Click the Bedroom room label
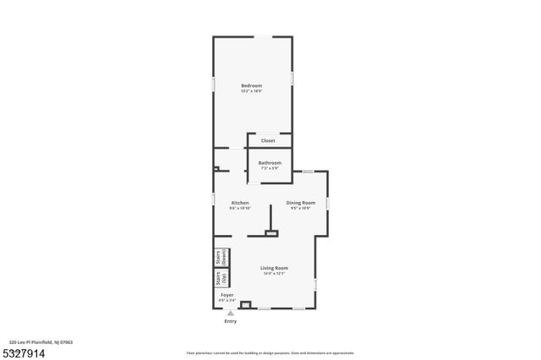point(251,85)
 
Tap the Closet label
point(268,140)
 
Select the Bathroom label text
point(270,162)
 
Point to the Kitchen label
point(240,202)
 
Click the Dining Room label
point(300,202)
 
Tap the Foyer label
point(227,295)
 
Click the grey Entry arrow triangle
point(230,313)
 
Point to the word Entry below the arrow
point(230,321)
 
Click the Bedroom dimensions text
point(251,91)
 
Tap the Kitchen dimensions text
point(240,208)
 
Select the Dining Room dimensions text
point(300,208)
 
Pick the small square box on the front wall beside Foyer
point(246,304)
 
